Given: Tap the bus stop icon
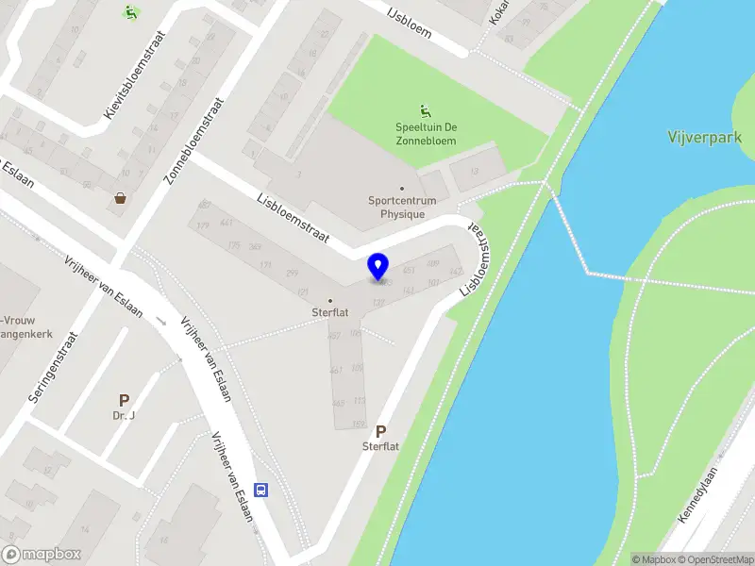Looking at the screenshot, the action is click(261, 490).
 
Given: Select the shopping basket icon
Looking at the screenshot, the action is click(122, 198).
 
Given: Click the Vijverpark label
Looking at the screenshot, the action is click(703, 138).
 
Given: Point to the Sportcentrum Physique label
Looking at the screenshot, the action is click(396, 207).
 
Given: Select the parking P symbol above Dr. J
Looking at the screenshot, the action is click(124, 401).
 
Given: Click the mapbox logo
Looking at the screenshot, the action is click(42, 555).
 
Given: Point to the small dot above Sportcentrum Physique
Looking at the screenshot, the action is click(401, 189).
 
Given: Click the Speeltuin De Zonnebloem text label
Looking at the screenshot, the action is click(427, 135).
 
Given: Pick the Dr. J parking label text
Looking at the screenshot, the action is click(125, 416).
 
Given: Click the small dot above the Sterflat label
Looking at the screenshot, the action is click(329, 300).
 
